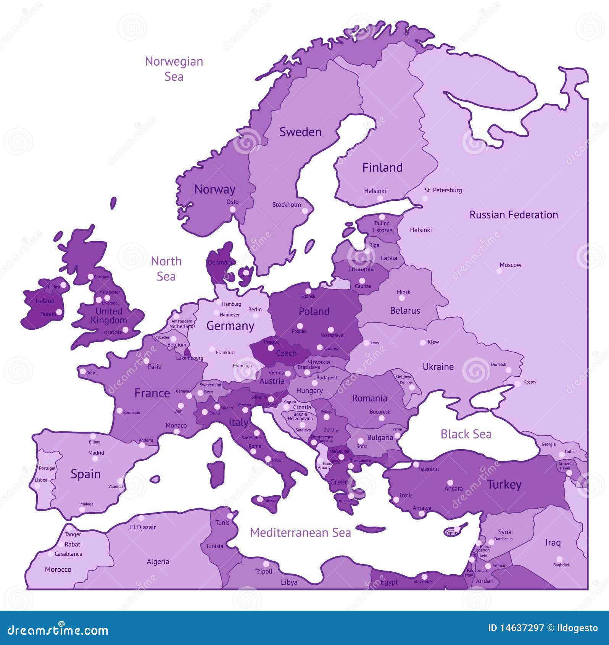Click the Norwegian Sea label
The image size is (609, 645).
[174, 69]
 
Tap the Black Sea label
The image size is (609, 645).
[466, 434]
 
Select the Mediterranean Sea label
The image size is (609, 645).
[300, 533]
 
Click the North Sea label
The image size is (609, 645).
[166, 269]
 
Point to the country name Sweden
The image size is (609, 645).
[300, 132]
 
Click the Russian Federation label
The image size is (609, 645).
[514, 215]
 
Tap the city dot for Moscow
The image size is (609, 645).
[499, 271]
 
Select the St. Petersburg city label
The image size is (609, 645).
[443, 190]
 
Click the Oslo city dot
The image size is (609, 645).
[232, 210]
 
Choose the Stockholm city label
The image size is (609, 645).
[287, 205]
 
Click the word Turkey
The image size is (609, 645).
[504, 485]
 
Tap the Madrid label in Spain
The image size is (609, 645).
[96, 453]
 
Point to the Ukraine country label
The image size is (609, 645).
[438, 367]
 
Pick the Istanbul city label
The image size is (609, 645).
[429, 469]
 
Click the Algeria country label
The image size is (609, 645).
[158, 561]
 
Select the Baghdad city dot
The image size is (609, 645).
[559, 559]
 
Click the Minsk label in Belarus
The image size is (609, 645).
[403, 292]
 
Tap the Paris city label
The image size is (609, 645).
[155, 367]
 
